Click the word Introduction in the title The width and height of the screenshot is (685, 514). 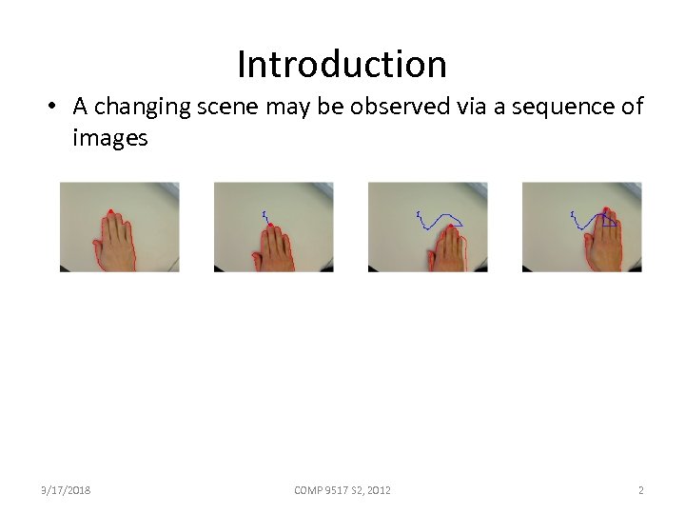[342, 65]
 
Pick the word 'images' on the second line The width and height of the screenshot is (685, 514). [110, 138]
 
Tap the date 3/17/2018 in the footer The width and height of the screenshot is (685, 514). [66, 490]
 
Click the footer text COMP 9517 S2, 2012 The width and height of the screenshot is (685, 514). [342, 490]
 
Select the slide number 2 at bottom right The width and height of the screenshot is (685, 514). [640, 490]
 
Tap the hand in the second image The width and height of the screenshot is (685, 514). [274, 249]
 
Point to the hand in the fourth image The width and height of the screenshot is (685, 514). [604, 246]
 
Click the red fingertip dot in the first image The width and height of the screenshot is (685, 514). [111, 211]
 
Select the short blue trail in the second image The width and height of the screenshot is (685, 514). [266, 217]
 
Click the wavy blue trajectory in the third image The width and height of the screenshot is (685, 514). [438, 223]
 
